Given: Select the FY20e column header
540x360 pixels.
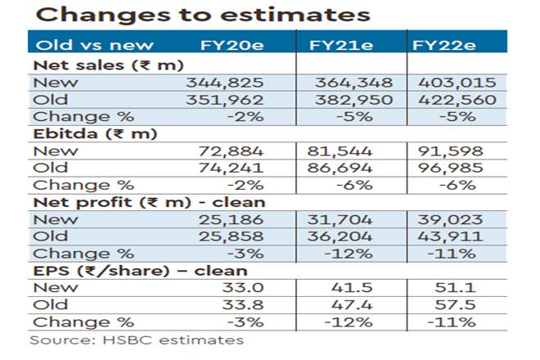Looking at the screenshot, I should tap(234, 44).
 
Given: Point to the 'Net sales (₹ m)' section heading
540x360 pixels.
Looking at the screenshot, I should tap(107, 64).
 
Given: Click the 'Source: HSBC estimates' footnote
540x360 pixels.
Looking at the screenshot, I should tap(137, 340).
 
